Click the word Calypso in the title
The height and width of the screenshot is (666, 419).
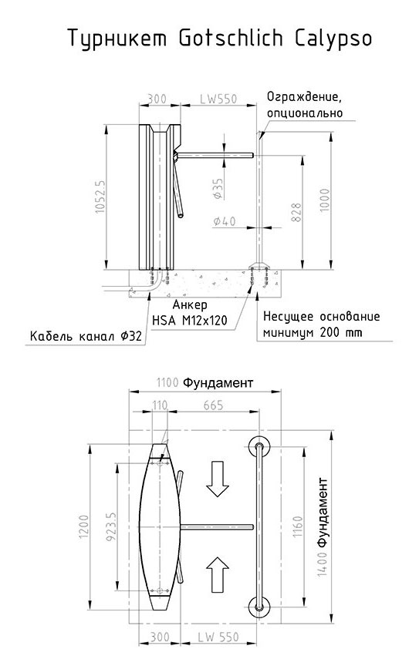(333, 39)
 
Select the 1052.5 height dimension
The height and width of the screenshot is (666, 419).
(100, 197)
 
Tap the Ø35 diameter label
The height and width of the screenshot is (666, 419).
(218, 189)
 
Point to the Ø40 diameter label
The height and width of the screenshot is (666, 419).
(225, 221)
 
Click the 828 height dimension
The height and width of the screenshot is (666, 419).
(296, 213)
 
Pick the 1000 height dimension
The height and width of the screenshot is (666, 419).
(325, 200)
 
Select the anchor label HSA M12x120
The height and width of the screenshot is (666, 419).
(189, 320)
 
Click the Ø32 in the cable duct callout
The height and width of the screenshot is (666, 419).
(130, 336)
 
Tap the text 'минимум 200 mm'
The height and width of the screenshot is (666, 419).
(313, 332)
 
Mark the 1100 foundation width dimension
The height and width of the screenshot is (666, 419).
(167, 382)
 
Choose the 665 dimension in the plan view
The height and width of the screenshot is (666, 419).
(213, 405)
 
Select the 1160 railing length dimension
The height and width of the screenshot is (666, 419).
(297, 526)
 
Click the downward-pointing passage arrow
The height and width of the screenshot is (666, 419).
(218, 479)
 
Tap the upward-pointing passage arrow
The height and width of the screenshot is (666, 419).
(218, 575)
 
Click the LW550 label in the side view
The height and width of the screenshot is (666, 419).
(218, 99)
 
